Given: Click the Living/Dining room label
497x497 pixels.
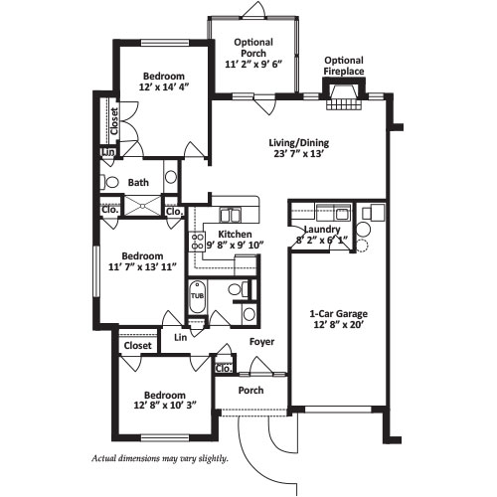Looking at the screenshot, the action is coord(299,143).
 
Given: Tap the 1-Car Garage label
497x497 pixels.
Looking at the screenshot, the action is coord(338,313).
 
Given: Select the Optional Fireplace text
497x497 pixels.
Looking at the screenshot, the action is coord(344,66).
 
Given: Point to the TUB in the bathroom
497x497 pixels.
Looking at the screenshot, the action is coord(197,296).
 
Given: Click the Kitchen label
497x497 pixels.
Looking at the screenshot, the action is coord(235,235).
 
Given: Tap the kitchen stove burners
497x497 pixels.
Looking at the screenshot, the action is coord(198,242).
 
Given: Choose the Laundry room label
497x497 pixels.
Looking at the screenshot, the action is coord(322,230).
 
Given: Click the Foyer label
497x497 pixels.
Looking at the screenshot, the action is coord(261,342).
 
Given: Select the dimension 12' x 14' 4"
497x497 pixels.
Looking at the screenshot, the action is coord(164,86).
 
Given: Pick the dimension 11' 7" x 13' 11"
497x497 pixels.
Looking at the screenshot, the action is coord(142,266).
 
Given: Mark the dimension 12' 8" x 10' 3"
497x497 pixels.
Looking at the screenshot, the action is coord(165,405).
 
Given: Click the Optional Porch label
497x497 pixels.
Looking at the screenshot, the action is coord(253,48).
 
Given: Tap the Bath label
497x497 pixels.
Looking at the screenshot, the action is coord(138,183).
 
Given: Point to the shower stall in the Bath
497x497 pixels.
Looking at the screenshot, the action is coord(142,206).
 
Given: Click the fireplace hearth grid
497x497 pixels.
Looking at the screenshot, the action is coord(343,104).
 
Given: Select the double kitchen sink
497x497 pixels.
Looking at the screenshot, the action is coord(230,216).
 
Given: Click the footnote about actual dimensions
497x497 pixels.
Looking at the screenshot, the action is coord(160,459).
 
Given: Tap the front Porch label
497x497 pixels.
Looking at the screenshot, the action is coord(251,391).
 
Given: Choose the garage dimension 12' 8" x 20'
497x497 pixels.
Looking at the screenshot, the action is coord(339,324).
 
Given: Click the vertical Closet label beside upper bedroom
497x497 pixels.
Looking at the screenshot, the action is coord(114,121).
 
